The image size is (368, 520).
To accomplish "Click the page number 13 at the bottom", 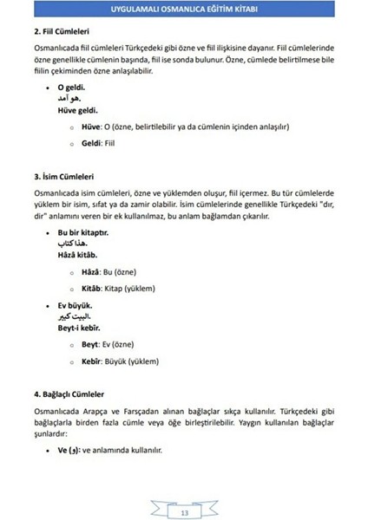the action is (x=184, y=491).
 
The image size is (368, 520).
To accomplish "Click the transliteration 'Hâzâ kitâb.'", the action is (x=79, y=256).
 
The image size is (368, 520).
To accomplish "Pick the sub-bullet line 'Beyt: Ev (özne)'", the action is (x=109, y=343).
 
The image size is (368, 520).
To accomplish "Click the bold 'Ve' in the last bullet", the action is (x=62, y=451).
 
